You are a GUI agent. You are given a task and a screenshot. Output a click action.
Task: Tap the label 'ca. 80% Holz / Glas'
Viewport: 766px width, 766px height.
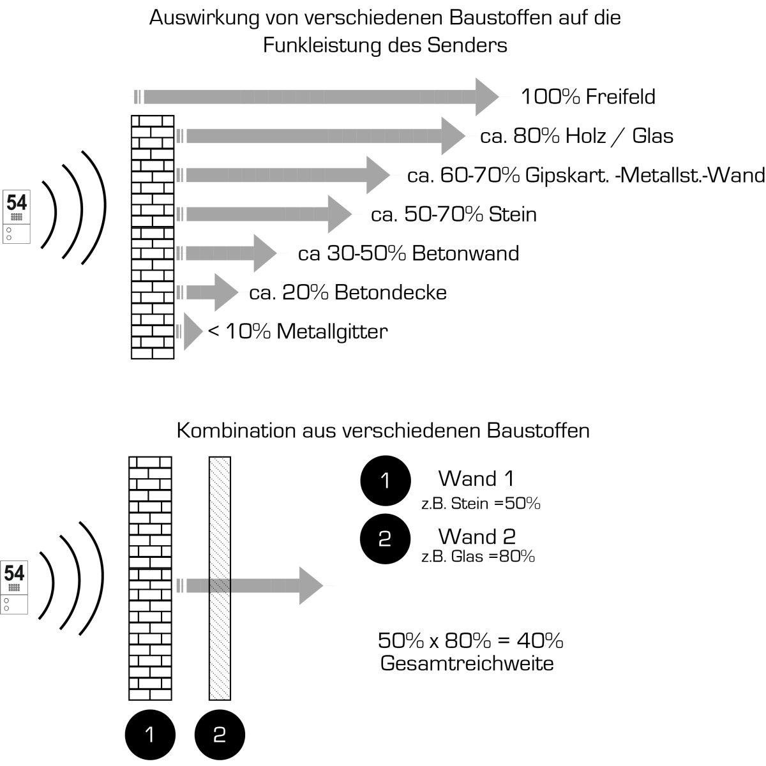pyautogui.click(x=576, y=136)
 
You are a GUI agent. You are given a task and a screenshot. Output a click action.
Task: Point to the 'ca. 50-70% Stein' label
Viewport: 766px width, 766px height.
pyautogui.click(x=453, y=214)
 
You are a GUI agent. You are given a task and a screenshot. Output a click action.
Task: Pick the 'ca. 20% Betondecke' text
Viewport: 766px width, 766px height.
pyautogui.click(x=348, y=293)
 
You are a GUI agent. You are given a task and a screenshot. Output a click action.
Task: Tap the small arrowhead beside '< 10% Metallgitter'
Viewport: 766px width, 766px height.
pyautogui.click(x=192, y=331)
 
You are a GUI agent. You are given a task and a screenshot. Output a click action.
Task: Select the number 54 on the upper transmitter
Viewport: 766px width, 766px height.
pyautogui.click(x=17, y=203)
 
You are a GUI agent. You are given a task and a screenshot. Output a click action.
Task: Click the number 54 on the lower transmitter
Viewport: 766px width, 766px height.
pyautogui.click(x=15, y=573)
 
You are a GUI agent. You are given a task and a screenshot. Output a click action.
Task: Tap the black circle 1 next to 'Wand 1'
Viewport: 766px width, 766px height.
pyautogui.click(x=384, y=481)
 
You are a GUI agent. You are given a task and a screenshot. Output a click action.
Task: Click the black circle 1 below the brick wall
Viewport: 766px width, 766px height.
pyautogui.click(x=150, y=735)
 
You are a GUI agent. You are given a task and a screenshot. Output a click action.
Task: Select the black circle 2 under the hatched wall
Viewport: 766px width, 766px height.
pyautogui.click(x=220, y=735)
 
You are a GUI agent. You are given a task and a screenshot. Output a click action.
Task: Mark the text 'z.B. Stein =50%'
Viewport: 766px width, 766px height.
pyautogui.click(x=481, y=504)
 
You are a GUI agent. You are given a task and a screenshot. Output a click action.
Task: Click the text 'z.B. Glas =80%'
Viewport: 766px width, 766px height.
pyautogui.click(x=477, y=557)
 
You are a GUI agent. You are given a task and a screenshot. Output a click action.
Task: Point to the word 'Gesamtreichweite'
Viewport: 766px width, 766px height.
pyautogui.click(x=467, y=664)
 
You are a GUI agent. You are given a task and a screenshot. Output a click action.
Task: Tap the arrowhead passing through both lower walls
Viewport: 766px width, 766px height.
pyautogui.click(x=312, y=585)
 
